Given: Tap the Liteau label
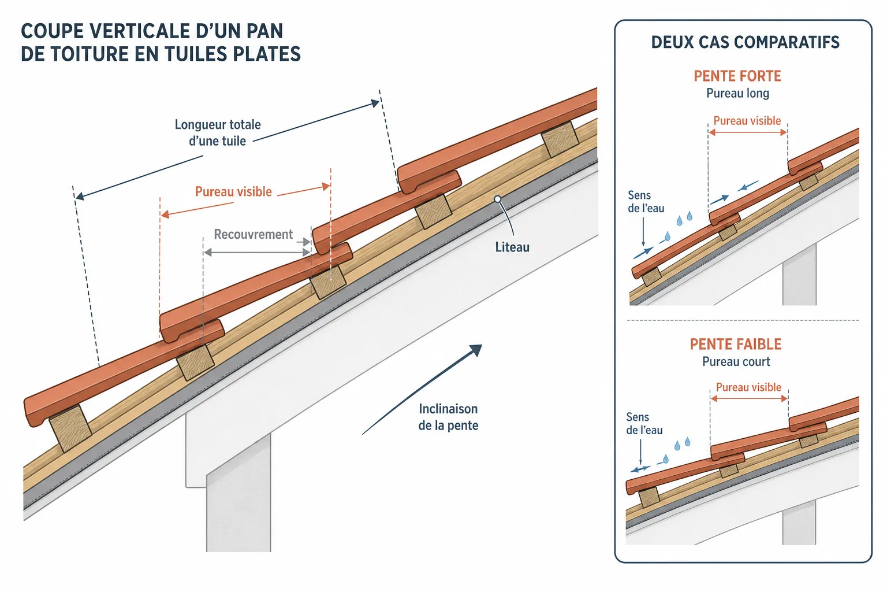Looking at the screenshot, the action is point(512,247).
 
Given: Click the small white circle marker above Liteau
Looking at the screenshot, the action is point(498,199).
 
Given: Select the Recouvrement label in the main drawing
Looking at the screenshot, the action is point(254,234).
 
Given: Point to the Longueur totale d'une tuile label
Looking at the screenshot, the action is point(217,133).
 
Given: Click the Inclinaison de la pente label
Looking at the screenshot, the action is point(448,417).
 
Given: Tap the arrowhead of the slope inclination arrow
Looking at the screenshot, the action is point(476,350).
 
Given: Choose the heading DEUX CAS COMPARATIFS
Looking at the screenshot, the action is point(746,42).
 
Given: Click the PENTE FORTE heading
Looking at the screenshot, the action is point(737,76).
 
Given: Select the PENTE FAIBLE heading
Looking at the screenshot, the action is point(736,344).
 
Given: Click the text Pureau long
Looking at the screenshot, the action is point(737,94).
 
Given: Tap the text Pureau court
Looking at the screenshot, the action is point(736,362).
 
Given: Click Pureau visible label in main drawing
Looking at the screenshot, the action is point(234,192).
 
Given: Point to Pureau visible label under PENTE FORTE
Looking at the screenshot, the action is point(747,121).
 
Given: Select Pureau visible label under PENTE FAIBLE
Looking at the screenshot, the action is point(748,387).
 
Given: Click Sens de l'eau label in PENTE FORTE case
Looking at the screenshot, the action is point(646,201).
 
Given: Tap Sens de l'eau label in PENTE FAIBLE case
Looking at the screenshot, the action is point(644,424).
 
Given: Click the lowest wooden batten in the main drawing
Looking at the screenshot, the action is point(70,428).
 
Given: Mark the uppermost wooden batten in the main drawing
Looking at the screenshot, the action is point(560,139).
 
